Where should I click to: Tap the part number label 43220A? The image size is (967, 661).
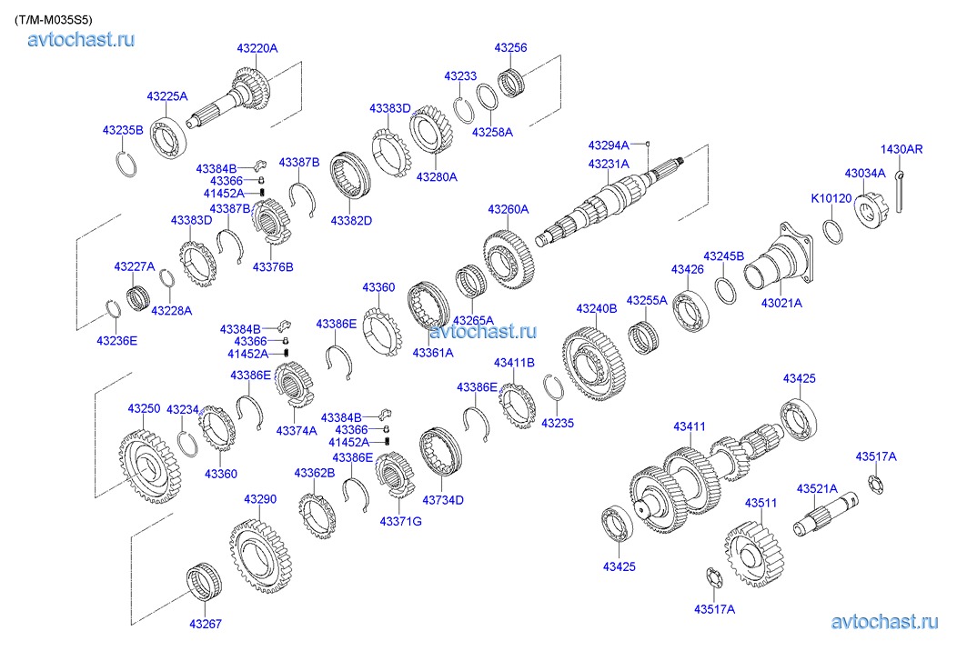257,47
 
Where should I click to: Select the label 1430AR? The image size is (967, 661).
901,149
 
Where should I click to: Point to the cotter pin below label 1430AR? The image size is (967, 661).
900,191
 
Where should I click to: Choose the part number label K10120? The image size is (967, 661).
831,198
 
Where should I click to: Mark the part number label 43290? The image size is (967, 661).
259,499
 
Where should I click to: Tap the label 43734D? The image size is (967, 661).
443,499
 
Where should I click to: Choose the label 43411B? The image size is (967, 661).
514,363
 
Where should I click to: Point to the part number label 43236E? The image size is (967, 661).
116,340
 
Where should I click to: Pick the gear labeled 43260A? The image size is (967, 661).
509,259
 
